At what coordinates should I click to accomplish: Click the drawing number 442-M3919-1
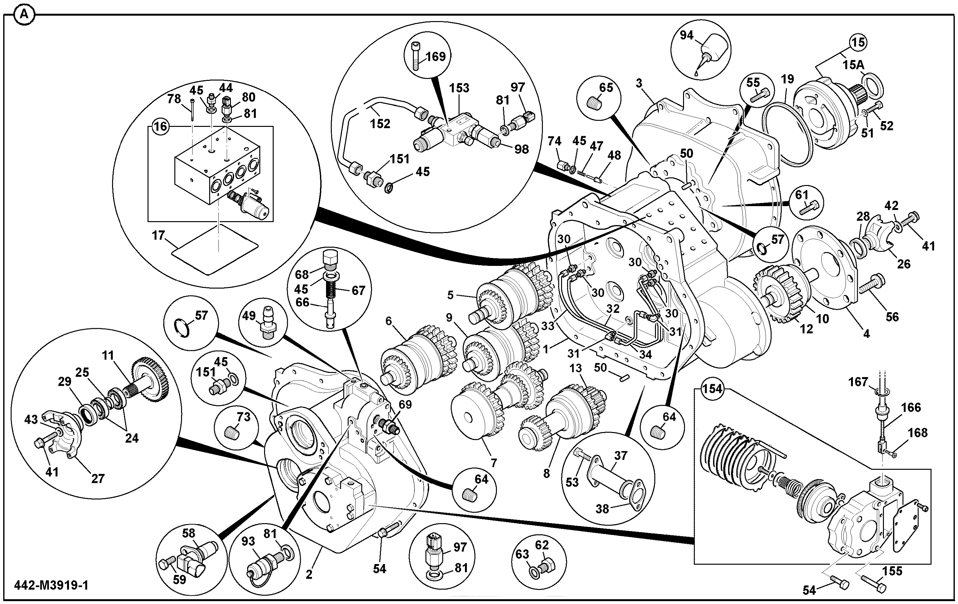(51, 585)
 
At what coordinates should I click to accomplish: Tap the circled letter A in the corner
(24, 15)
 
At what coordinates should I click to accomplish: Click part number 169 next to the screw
(436, 56)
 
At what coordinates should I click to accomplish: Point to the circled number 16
(160, 127)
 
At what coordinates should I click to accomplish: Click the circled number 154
(712, 388)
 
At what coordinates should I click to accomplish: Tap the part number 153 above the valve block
(460, 88)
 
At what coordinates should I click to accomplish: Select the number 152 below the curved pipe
(380, 124)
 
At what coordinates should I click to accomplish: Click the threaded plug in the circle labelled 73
(233, 432)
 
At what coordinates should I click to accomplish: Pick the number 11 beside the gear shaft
(108, 355)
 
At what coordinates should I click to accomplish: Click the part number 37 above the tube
(621, 455)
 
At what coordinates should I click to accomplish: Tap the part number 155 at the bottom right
(892, 571)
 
